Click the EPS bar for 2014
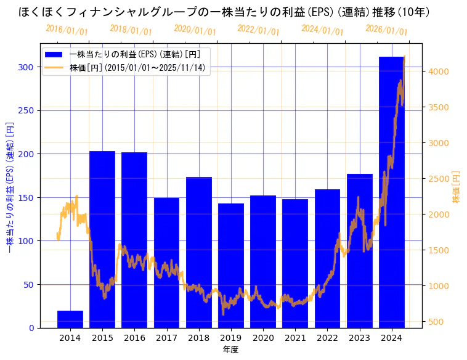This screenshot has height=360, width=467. tap(70, 319)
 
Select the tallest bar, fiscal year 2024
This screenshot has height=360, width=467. tap(391, 197)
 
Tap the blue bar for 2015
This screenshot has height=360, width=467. tap(102, 240)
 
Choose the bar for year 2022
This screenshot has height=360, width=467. tap(327, 259)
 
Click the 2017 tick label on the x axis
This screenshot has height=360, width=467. tap(166, 337)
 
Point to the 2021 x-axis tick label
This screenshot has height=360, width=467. tap(295, 337)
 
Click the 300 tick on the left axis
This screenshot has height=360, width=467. tap(27, 67)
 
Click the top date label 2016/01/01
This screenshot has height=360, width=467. tap(67, 30)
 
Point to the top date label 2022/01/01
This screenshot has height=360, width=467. tap(258, 30)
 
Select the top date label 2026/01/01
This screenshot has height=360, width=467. tap(386, 30)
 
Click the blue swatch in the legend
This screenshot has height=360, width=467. tap(55, 54)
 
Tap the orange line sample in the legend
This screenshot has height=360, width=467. tap(55, 68)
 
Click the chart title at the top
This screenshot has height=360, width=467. tap(224, 12)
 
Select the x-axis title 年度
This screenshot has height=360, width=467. tap(230, 350)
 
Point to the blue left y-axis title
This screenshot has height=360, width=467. tap(9, 187)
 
